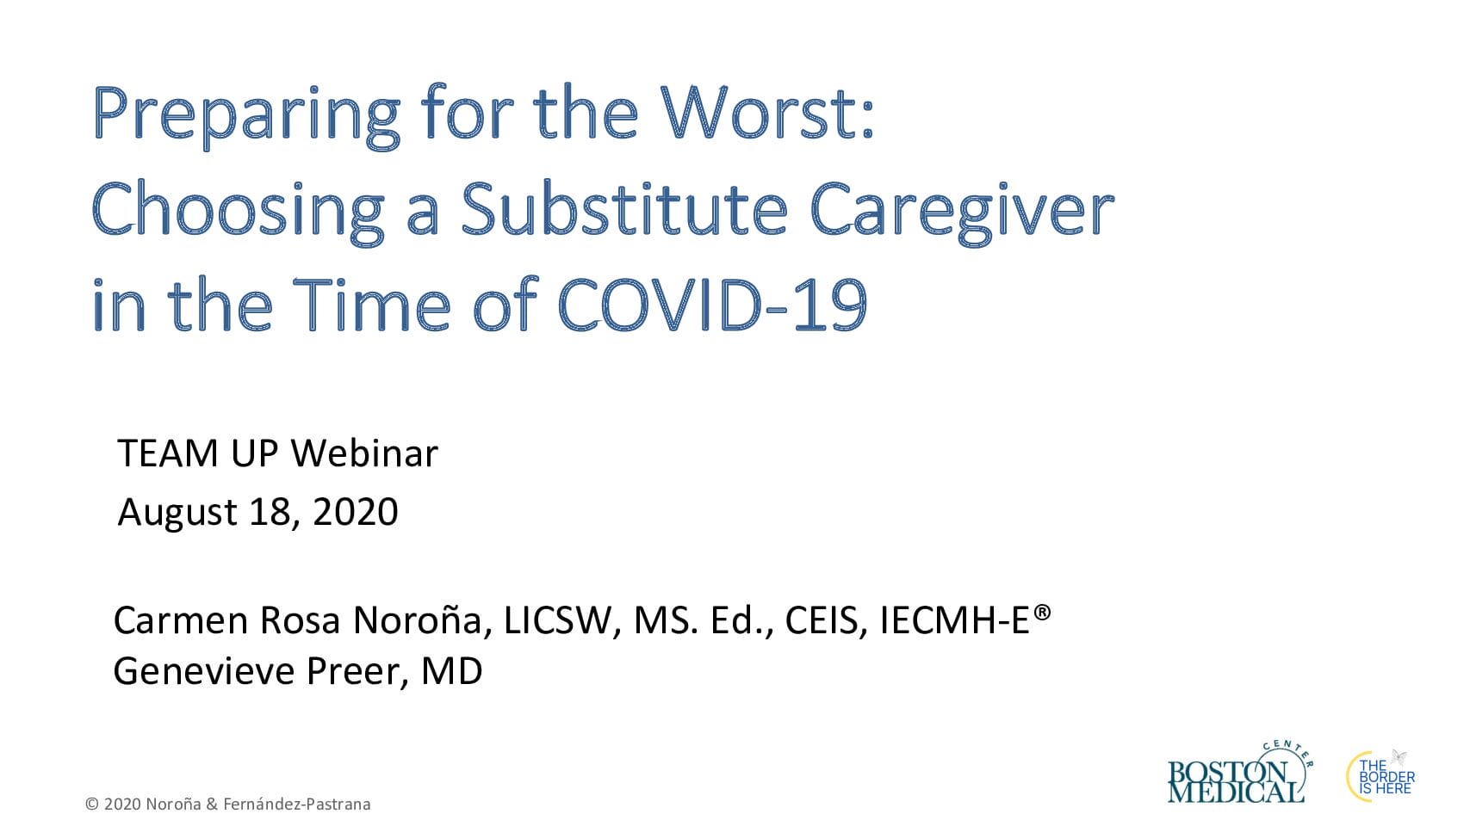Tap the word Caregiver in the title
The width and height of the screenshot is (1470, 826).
pos(962,211)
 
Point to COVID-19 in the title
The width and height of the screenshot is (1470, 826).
pos(712,305)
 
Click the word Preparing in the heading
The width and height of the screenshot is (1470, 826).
pos(247,117)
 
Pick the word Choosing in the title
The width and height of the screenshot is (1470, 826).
pos(239,211)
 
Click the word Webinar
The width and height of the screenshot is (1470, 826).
pos(364,453)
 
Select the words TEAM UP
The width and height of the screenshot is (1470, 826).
pos(197,453)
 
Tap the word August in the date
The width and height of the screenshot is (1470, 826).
pos(177,513)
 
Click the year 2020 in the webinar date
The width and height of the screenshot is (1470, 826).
pos(355,511)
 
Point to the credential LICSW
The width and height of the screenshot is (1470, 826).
pos(558,621)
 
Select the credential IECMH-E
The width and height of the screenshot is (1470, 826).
pos(954,620)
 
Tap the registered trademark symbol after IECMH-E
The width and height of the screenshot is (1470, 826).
pos(1042,613)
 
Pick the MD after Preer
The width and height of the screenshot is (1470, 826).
pos(451,671)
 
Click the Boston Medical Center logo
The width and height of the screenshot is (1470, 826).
pos(1239,774)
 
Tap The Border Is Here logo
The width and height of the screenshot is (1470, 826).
pos(1380,777)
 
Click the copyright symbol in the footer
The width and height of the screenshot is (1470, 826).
pos(92,804)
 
